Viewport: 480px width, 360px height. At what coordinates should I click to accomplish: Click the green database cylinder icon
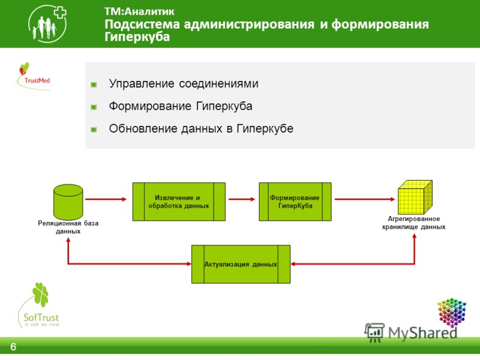[68, 202]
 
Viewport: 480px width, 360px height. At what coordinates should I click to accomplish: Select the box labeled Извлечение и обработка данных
[179, 202]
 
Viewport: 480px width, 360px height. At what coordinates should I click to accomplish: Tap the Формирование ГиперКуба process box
[295, 202]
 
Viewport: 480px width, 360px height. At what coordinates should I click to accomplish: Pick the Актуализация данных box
[241, 264]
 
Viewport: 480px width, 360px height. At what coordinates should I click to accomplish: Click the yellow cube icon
[415, 197]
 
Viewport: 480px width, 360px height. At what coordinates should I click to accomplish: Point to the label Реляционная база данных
[68, 227]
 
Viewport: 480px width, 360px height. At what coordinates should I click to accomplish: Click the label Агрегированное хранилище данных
[413, 223]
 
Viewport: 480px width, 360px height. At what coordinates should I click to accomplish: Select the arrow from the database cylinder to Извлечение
[106, 199]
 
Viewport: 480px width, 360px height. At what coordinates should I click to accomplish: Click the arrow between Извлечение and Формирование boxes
[242, 199]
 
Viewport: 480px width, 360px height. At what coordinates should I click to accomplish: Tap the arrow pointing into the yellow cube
[365, 199]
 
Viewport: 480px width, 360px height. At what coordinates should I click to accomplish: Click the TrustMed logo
[34, 77]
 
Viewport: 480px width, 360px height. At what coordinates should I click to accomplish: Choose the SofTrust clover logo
[39, 305]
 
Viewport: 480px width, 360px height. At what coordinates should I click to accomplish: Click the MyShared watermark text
[422, 333]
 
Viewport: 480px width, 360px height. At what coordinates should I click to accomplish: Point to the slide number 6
[13, 347]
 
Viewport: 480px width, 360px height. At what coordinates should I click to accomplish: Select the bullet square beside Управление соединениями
[94, 85]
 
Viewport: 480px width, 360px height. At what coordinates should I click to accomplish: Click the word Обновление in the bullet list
[142, 128]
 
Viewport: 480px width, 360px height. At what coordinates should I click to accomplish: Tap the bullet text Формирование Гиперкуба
[181, 106]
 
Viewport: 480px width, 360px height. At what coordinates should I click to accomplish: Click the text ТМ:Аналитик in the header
[139, 11]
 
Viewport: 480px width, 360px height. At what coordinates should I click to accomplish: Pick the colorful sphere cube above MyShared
[452, 312]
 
